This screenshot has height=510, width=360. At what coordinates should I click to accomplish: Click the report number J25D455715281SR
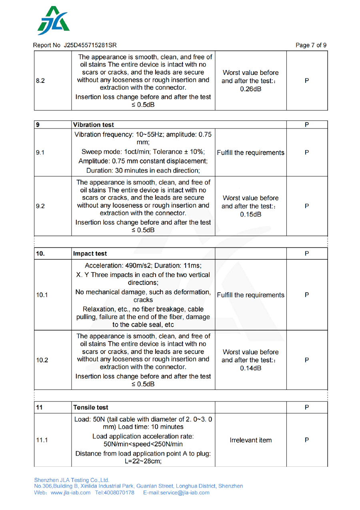(x=90, y=45)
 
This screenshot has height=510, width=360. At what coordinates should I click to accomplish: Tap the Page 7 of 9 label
(x=311, y=45)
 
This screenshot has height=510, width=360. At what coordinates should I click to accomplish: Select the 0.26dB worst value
(x=250, y=89)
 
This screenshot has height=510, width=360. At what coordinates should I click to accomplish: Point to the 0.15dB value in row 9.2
(x=250, y=214)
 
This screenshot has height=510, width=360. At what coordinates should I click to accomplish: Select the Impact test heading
(x=90, y=254)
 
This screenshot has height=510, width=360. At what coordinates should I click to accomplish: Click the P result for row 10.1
(x=306, y=295)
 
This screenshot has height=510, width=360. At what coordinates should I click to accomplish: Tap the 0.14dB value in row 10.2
(x=250, y=368)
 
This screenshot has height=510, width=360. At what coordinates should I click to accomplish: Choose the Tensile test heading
(x=91, y=408)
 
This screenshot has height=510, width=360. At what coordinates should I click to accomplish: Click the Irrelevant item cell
(x=250, y=440)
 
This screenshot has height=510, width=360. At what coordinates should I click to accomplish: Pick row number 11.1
(x=42, y=440)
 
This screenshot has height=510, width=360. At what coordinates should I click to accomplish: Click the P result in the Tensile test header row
(x=306, y=408)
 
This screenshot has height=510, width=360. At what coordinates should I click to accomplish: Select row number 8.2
(x=40, y=80)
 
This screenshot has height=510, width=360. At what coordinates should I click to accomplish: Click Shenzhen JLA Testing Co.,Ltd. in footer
(x=72, y=480)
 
